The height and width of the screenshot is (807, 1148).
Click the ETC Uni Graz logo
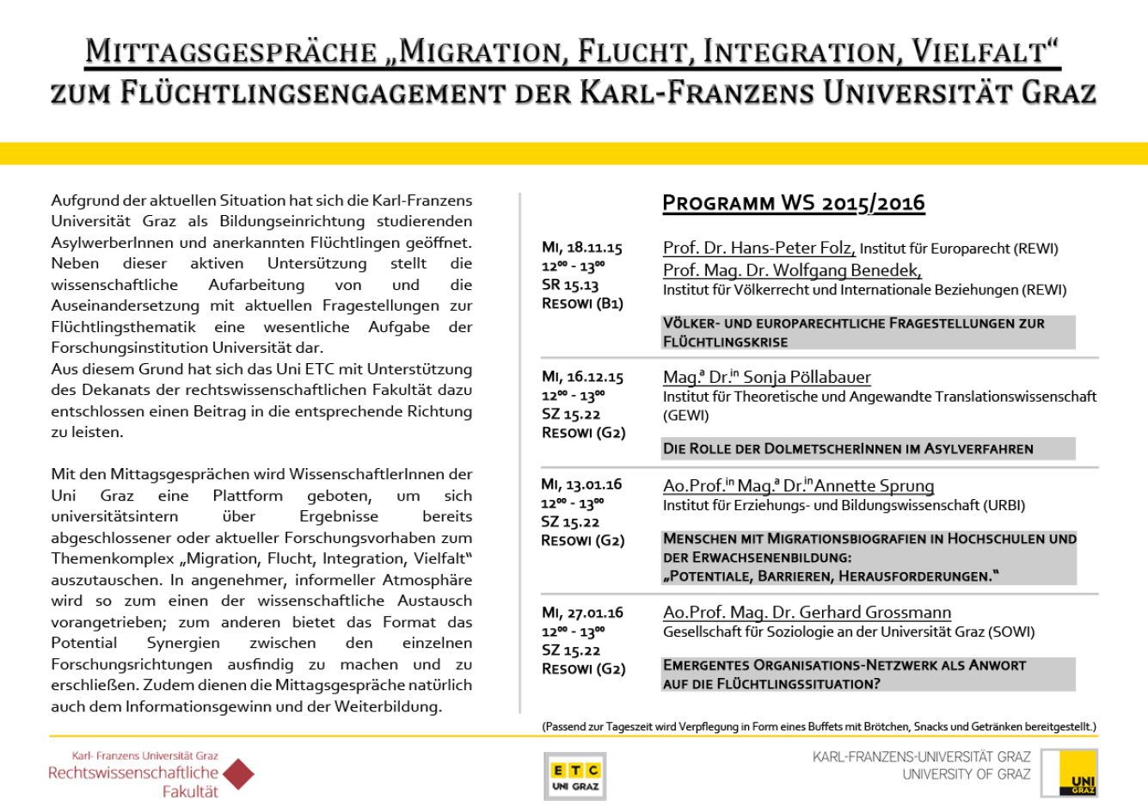coord(574,776)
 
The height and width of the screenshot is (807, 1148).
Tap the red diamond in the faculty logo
coord(238,773)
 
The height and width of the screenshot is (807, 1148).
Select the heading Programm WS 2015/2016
coord(793,203)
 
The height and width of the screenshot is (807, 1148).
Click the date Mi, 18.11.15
coord(582,248)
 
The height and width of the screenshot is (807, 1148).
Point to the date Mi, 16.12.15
coord(582,377)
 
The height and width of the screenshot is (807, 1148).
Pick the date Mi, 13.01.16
coord(582,484)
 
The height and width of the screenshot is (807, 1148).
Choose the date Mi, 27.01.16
coord(582,613)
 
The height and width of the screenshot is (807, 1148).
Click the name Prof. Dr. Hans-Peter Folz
coord(758,248)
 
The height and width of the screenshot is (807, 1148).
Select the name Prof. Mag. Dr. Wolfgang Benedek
coord(791,270)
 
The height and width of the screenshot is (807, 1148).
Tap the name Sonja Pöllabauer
coord(807,377)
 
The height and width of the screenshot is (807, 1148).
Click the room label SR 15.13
coord(570,285)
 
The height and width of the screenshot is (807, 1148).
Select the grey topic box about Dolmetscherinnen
coord(868,448)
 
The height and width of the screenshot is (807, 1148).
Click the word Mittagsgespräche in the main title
coord(230,52)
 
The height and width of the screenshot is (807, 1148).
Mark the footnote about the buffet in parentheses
coord(819,727)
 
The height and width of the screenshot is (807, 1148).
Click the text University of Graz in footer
coord(966,774)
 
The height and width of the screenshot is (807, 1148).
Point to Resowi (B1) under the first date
coord(582,304)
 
